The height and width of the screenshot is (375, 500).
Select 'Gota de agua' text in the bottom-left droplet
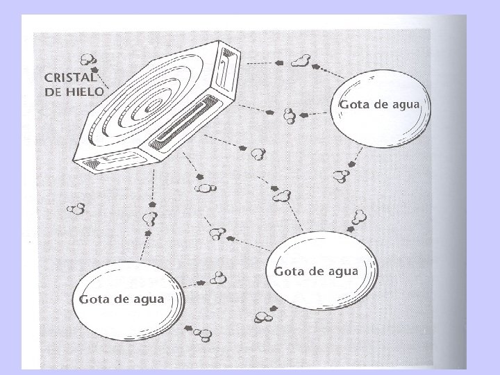click(122, 299)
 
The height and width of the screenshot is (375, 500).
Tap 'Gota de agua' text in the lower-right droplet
click(317, 270)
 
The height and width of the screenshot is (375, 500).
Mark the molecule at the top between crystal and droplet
click(300, 61)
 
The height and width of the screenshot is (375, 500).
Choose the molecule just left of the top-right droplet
click(289, 115)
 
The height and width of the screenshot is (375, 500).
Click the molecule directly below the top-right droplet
click(341, 176)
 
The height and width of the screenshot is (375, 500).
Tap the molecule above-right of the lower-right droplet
click(359, 216)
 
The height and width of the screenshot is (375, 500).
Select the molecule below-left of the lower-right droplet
click(262, 317)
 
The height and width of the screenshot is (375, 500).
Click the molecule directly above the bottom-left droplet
click(148, 219)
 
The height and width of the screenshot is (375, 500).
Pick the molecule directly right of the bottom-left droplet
click(219, 279)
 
